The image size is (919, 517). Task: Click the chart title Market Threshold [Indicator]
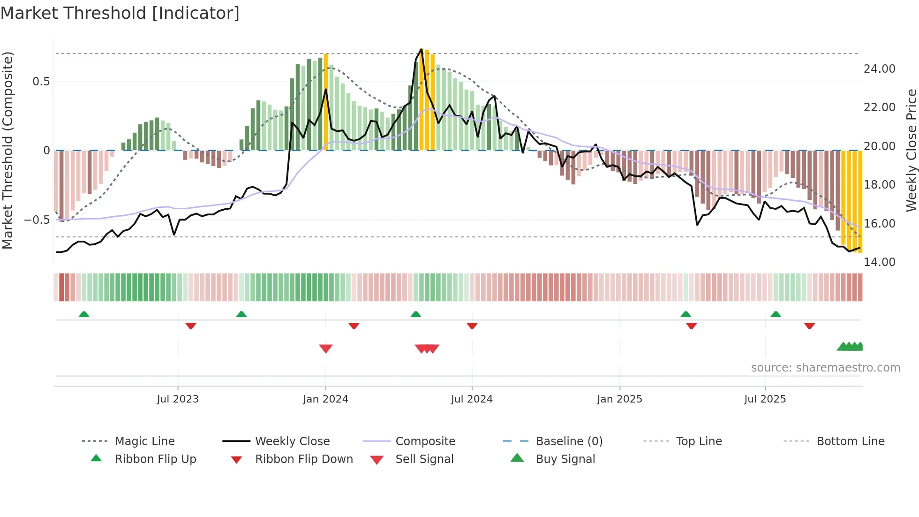120,13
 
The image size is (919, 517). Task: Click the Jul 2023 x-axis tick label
178,399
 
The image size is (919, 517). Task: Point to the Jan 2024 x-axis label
325,399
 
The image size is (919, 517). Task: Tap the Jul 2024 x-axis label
472,399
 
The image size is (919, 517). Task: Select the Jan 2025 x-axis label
619,399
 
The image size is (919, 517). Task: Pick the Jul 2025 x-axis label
765,399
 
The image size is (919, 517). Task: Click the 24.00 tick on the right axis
879,69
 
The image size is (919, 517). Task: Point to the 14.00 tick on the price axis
879,262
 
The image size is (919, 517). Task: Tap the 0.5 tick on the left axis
41,82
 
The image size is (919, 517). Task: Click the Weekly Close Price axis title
911,150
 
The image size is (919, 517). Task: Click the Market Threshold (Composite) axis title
8,150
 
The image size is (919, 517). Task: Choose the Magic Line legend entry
144,441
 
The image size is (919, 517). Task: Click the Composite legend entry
425,441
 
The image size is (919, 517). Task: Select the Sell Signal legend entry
424,459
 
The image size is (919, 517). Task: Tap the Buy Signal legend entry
565,459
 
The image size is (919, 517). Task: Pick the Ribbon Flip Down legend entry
304,459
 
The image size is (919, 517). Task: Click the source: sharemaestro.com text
825,368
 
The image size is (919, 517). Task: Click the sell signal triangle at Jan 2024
325,348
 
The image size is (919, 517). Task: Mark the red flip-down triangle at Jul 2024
472,326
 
